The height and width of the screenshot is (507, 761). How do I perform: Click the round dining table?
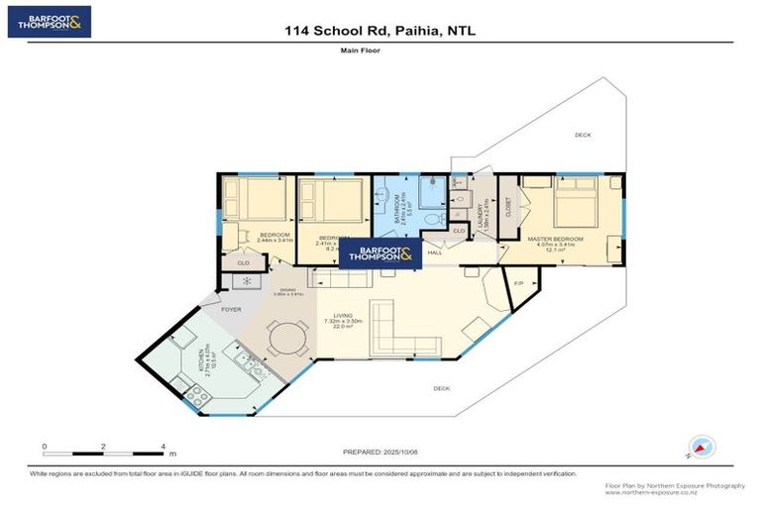coord(288,339)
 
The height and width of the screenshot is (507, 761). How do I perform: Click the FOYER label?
coord(231,310)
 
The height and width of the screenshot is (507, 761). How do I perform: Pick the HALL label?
coord(435,253)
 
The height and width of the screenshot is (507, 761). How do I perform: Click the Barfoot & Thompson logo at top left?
coord(49,22)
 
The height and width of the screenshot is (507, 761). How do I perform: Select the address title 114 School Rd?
coord(380,31)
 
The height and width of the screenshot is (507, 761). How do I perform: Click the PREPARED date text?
coord(381,452)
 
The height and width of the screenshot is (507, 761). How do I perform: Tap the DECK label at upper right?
coord(582,135)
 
